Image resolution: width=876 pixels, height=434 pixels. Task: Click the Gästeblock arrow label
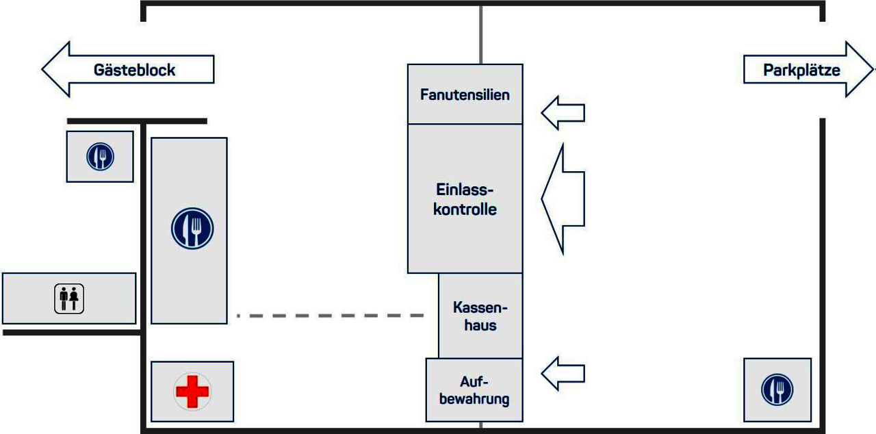[134, 70]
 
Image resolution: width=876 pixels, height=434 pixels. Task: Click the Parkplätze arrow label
[801, 70]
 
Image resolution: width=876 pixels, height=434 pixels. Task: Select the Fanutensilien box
[465, 94]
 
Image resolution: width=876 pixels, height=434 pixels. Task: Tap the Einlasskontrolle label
[465, 199]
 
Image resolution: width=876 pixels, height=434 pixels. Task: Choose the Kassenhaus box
[480, 316]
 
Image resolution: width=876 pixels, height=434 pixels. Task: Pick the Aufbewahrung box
[474, 390]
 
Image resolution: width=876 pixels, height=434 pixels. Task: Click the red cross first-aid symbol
[192, 392]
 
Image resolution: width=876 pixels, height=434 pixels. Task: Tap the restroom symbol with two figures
[69, 298]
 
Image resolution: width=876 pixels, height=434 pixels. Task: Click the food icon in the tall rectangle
[192, 228]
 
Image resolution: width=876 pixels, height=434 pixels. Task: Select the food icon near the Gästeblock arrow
[100, 157]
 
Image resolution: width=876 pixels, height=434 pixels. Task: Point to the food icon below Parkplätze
[777, 390]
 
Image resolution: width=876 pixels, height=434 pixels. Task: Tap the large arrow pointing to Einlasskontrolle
[563, 199]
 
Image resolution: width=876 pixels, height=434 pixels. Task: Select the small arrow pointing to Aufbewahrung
[563, 373]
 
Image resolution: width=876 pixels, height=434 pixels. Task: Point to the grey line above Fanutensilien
[480, 34]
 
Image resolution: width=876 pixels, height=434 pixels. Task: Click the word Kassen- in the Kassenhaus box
[480, 307]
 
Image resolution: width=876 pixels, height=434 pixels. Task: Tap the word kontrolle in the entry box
[465, 209]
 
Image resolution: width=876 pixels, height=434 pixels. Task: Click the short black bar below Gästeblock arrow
[137, 121]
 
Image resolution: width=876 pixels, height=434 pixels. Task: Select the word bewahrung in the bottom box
[474, 398]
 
